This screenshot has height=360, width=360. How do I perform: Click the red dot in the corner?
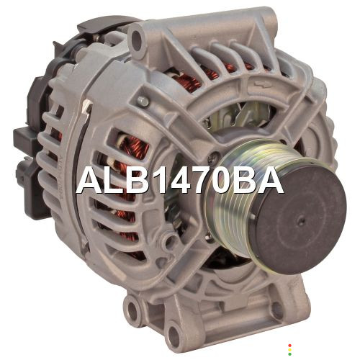289,346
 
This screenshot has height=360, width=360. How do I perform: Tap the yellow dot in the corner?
289,350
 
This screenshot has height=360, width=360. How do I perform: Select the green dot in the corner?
289,354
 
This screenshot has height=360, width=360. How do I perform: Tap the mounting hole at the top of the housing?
136,38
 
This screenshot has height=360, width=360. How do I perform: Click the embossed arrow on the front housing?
262,85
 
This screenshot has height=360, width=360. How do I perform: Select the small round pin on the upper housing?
143,101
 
